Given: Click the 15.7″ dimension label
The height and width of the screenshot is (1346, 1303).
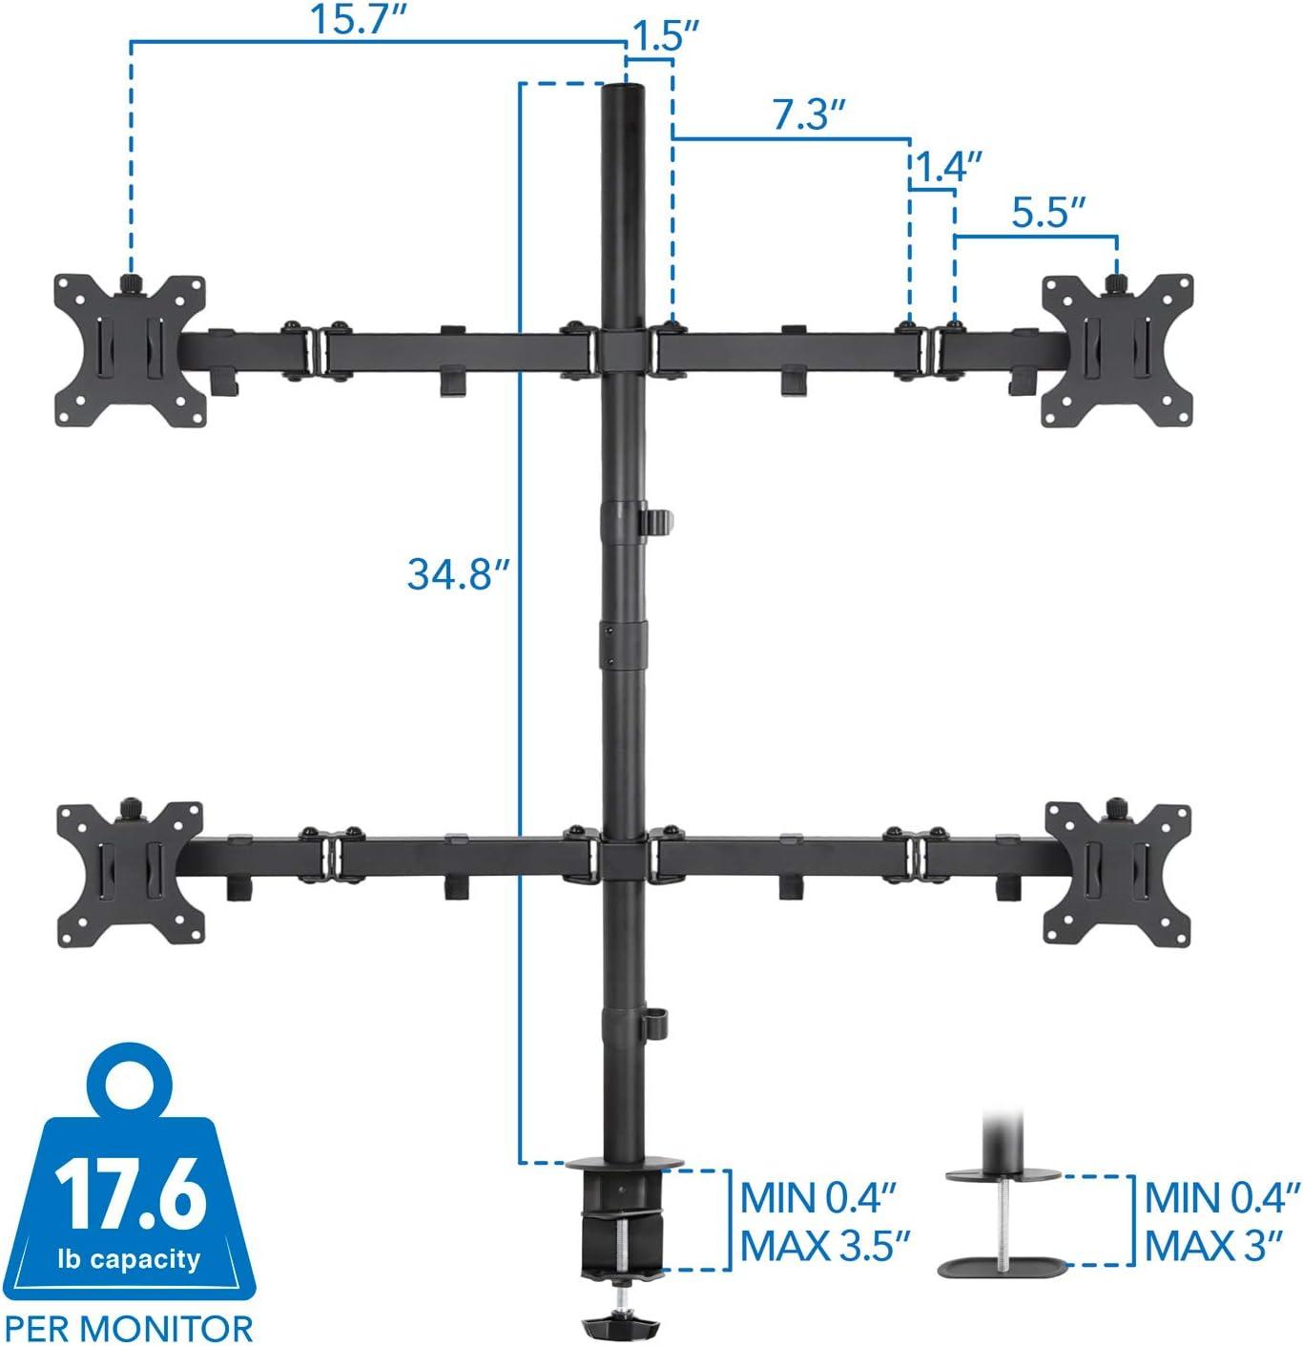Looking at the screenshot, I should (x=356, y=20).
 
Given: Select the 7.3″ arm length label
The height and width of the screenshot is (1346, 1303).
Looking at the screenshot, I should (x=809, y=116).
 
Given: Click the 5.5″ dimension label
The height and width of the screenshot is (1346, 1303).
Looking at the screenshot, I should (x=1048, y=213).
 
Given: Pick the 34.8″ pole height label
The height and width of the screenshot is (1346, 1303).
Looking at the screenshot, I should (x=453, y=574).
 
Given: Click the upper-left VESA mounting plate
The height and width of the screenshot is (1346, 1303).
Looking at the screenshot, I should (x=130, y=349).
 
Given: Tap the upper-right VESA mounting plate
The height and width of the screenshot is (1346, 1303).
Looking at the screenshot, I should (x=1116, y=349).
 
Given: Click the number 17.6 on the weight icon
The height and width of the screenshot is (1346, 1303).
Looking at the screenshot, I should (x=131, y=1194).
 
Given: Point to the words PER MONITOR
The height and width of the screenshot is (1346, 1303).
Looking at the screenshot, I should (x=127, y=1326).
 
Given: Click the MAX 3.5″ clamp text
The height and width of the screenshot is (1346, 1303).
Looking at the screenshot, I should (x=825, y=1246).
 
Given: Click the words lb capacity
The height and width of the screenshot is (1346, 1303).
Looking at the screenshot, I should (x=131, y=1258).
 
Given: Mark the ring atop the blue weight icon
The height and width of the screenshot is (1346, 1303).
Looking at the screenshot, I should (x=131, y=1073).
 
